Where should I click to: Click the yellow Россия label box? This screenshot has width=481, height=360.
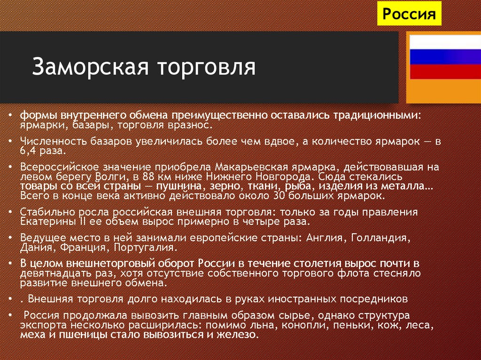coord(409,14)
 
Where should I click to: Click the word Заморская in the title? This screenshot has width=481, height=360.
coord(85,67)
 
